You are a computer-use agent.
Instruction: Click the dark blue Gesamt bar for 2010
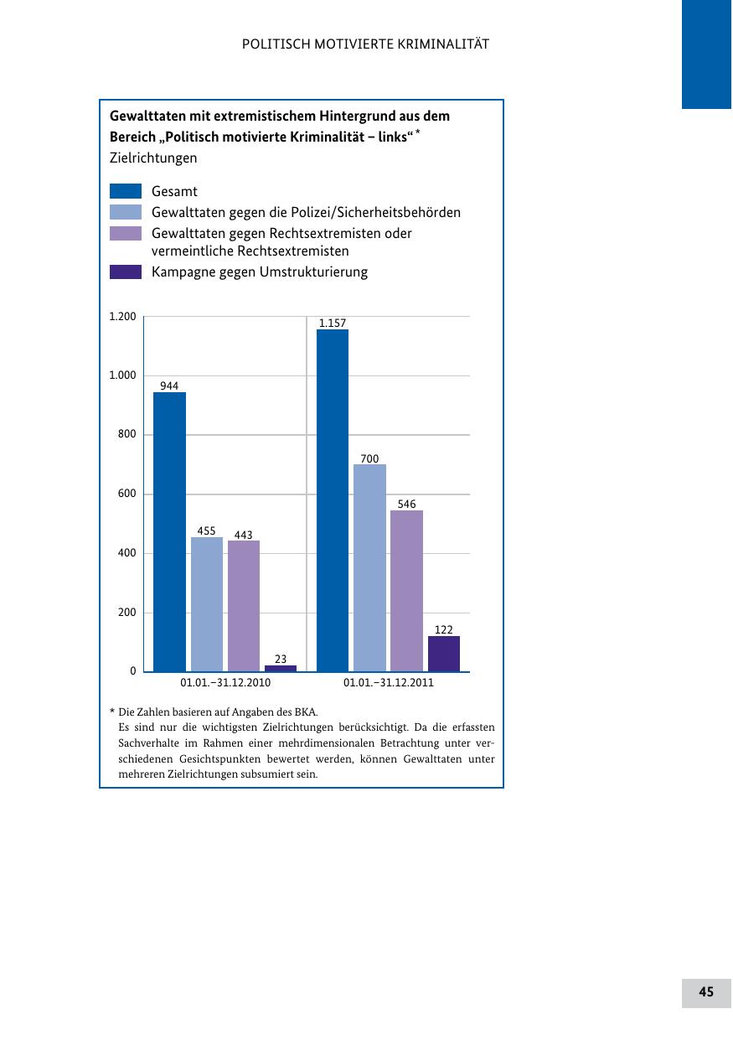(169, 531)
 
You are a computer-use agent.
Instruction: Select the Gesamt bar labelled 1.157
(333, 500)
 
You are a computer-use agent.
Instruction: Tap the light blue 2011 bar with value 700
(369, 567)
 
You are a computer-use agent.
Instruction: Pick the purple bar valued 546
(406, 591)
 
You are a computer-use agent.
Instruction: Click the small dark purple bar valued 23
(281, 668)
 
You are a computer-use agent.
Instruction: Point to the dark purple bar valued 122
(443, 654)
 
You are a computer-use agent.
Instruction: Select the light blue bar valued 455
(207, 604)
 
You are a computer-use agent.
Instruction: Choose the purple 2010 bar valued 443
(244, 606)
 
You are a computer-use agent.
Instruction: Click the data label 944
(169, 385)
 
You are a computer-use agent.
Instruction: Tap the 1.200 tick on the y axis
(122, 317)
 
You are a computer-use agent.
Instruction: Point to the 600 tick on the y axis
(126, 494)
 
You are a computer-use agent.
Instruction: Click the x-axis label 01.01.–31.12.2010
(225, 683)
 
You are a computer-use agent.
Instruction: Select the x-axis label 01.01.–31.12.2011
(389, 683)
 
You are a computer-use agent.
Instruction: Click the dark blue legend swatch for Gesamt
(126, 192)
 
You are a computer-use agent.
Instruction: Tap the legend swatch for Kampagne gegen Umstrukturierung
(126, 272)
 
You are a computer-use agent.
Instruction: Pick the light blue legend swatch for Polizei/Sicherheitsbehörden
(126, 213)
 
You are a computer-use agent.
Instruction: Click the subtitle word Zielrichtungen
(153, 158)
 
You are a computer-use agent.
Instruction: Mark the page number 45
(706, 992)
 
